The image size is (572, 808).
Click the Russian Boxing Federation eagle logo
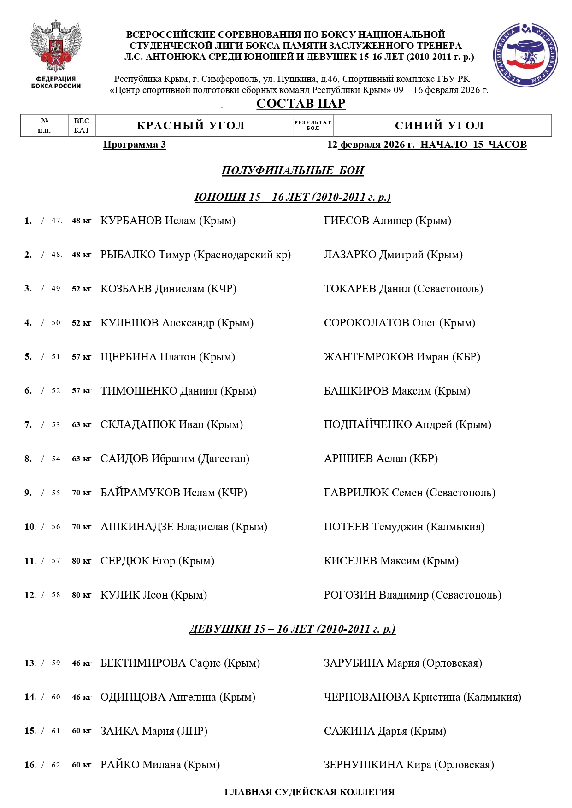click(x=56, y=46)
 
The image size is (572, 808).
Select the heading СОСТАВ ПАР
click(x=301, y=104)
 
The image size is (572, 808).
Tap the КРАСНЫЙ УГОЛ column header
click(x=191, y=125)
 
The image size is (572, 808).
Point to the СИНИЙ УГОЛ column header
click(x=439, y=125)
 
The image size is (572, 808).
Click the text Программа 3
click(x=134, y=145)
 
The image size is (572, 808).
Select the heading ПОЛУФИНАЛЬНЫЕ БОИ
click(x=293, y=170)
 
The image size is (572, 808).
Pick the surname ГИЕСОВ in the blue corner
click(x=347, y=221)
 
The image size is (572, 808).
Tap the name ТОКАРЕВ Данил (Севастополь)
click(x=403, y=289)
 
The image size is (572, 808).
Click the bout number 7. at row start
click(x=28, y=424)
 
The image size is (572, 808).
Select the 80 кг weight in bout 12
click(x=82, y=595)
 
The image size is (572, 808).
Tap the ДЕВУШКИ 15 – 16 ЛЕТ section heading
click(x=292, y=629)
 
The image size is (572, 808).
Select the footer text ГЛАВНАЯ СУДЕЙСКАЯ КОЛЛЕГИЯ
click(x=309, y=792)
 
